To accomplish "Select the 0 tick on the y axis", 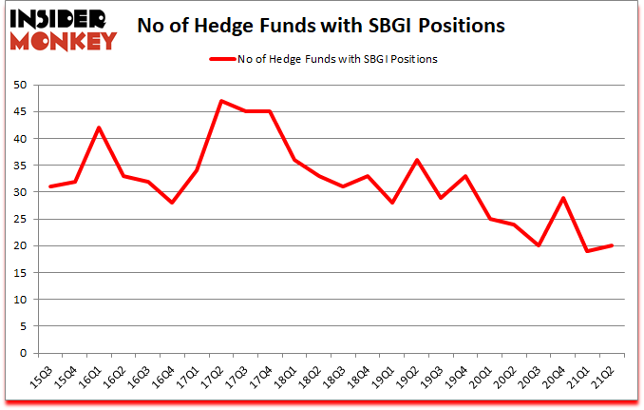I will (x=22, y=354).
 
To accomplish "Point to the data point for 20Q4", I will (x=563, y=198).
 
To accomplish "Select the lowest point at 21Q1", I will (x=588, y=251).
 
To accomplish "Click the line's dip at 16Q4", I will (x=173, y=203).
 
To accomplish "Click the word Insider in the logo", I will (x=61, y=18).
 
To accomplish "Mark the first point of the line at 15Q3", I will (x=50, y=186).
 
